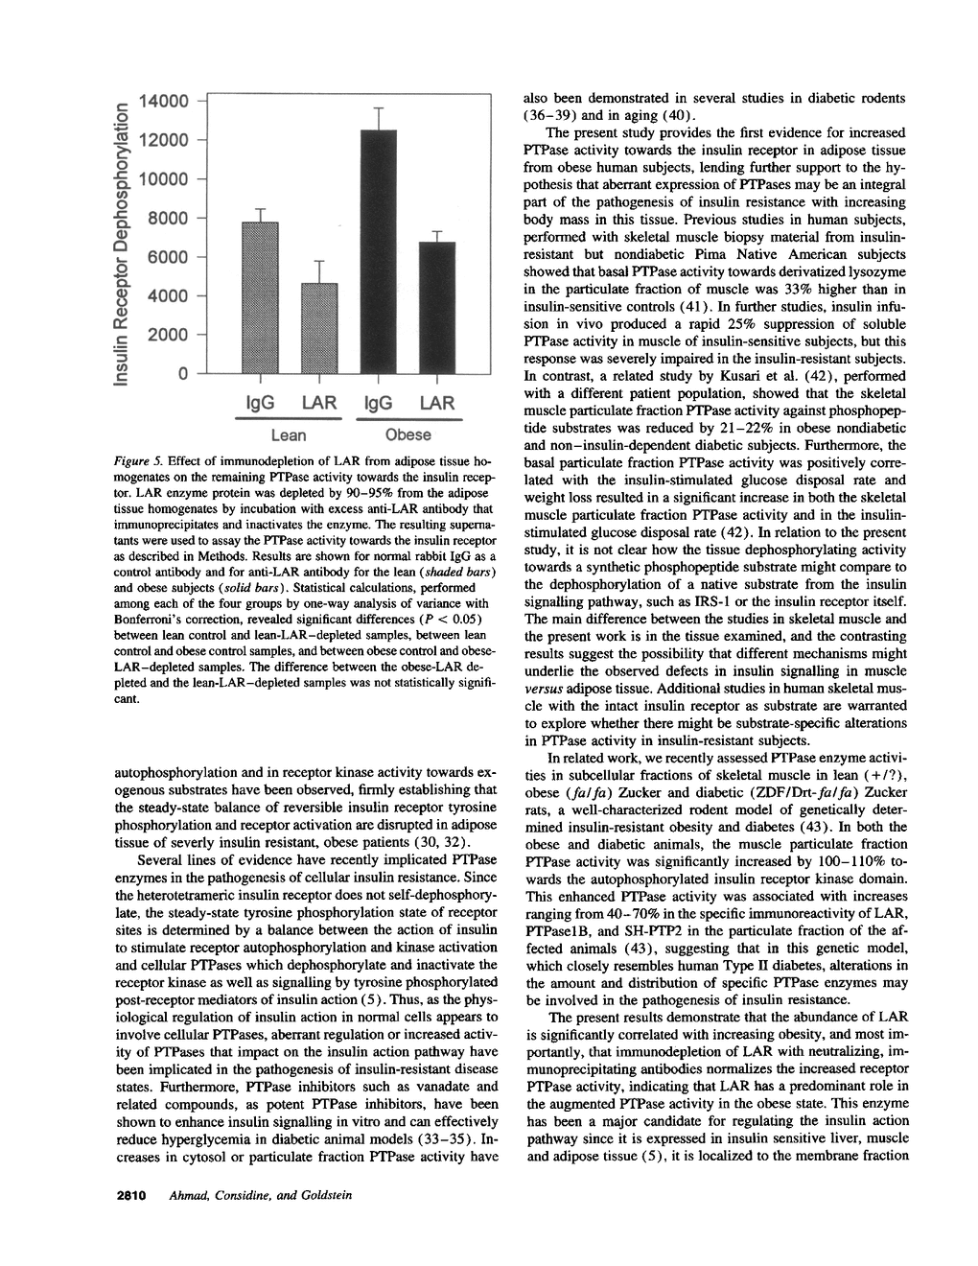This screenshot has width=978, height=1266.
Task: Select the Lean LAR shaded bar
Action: tap(319, 328)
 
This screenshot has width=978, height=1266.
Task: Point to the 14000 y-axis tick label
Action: tap(166, 101)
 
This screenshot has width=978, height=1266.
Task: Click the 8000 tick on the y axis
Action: tap(174, 219)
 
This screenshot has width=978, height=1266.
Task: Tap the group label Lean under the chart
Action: tap(289, 435)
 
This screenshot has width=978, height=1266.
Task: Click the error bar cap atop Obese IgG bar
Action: tap(379, 107)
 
